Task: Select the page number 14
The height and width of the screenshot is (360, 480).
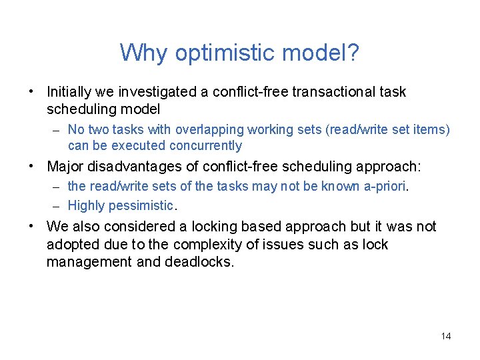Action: tap(445, 336)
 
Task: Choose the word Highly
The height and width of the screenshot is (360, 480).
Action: tap(85, 205)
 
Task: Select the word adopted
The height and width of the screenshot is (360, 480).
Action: tap(69, 244)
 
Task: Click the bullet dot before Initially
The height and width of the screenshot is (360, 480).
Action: tap(31, 91)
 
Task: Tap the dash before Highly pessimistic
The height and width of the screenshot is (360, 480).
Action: tap(57, 205)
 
